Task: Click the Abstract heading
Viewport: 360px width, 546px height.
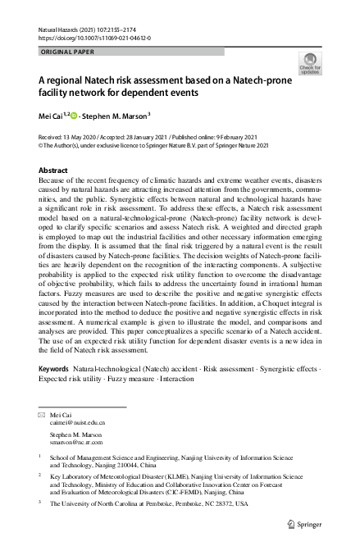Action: [x=53, y=170]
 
